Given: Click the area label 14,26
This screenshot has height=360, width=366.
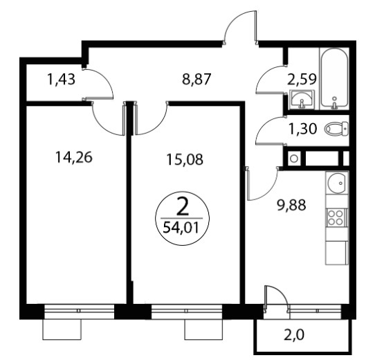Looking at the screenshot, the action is coord(74,157).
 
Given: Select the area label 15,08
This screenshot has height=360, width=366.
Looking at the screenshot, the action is coord(185,159).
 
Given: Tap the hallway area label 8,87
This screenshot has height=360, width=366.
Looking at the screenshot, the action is coord(196,79).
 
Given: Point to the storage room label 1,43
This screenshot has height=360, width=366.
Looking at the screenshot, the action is coord(61,79).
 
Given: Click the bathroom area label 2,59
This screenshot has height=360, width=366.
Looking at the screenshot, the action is coord(302,79).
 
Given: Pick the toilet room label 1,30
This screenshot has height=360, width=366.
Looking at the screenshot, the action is coord(303,129).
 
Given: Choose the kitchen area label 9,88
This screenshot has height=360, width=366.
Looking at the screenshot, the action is coord(291,205).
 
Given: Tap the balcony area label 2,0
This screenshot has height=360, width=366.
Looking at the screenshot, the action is coord(294,335).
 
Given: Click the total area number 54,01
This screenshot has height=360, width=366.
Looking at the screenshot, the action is coord(181,228).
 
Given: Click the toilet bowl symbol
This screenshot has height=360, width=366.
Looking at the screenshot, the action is coord(336,129).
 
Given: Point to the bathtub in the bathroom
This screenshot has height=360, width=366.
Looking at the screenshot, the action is coord(334,78).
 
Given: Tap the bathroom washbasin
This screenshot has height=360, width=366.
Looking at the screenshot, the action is coord(301,100).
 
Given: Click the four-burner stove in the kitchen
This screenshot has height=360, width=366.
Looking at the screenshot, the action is coord(336,217).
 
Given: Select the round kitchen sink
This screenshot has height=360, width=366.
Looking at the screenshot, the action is coord(336,183).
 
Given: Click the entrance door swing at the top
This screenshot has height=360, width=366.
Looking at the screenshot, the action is coord(240,27).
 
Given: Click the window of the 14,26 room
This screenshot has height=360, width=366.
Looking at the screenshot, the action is coord(79,311).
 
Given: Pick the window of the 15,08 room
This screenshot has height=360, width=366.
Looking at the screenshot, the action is coord(187,311).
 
